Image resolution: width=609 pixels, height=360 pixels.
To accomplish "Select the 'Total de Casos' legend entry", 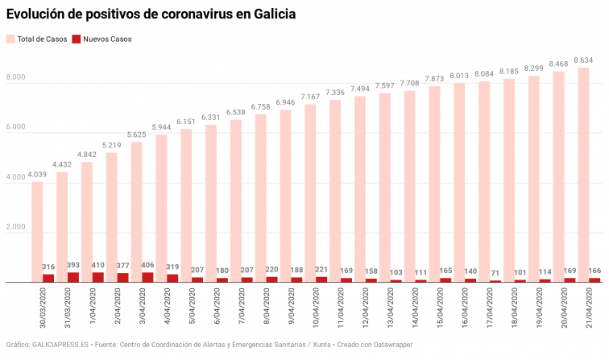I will click(37, 39).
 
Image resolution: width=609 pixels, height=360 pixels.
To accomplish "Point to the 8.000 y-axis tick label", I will click(17, 78).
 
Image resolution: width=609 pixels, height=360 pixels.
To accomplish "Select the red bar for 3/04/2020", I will click(148, 277).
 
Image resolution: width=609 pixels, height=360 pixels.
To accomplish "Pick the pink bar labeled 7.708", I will click(409, 185).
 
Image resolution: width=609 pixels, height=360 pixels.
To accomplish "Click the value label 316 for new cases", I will click(48, 267).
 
